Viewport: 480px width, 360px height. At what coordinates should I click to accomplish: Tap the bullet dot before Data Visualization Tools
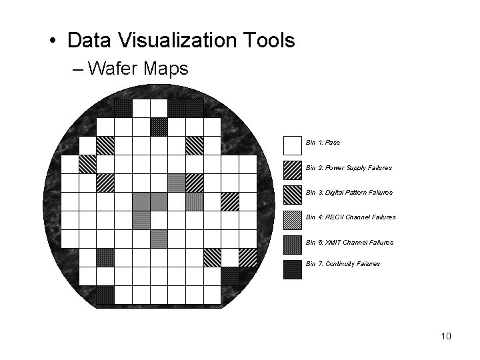click(52, 41)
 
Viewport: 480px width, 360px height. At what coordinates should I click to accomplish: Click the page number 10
click(446, 336)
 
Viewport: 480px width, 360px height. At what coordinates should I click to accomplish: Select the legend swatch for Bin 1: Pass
click(293, 145)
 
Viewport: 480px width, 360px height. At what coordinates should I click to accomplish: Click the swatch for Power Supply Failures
click(293, 170)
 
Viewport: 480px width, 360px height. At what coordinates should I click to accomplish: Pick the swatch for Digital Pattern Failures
click(293, 195)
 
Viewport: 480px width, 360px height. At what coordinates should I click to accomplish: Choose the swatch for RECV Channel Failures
click(293, 219)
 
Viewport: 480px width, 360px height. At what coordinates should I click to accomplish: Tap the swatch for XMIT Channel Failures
click(293, 245)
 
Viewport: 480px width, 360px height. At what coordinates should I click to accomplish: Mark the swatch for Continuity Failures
click(293, 269)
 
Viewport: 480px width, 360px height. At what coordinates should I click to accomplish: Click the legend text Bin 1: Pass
click(323, 143)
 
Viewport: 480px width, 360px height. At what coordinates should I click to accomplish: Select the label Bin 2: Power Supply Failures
click(349, 168)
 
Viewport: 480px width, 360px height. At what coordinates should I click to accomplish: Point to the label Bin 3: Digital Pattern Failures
click(349, 193)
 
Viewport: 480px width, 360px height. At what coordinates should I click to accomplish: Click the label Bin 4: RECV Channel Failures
click(351, 217)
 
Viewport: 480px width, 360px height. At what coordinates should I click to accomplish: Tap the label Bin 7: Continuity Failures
click(343, 264)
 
